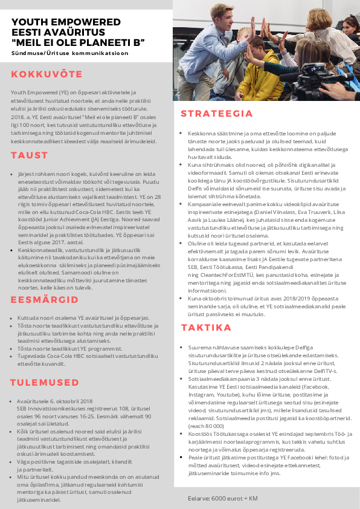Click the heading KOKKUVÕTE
[x=47, y=74]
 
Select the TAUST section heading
[x=29, y=155]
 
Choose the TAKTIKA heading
[x=207, y=328]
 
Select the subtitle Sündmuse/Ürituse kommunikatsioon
[x=69, y=53]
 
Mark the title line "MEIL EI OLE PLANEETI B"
[x=79, y=42]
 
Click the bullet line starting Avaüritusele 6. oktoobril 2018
[x=54, y=401]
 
